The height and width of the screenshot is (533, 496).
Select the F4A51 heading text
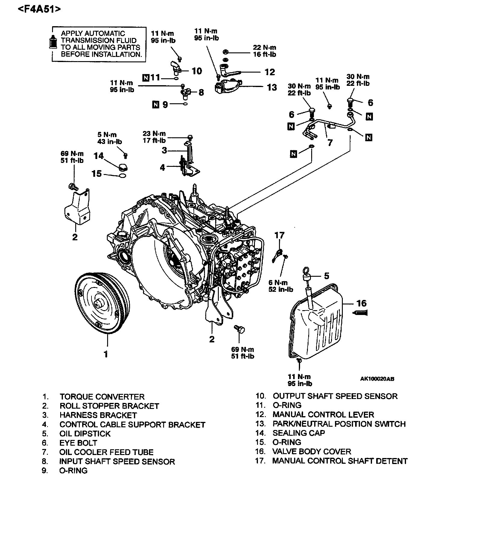click(x=39, y=9)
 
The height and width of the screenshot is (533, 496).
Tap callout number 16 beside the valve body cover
click(x=362, y=303)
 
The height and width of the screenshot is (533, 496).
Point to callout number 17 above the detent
click(x=280, y=235)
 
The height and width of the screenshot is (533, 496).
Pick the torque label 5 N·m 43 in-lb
click(x=110, y=138)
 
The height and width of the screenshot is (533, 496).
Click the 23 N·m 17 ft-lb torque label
click(x=154, y=137)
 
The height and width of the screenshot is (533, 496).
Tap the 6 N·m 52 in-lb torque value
click(x=281, y=286)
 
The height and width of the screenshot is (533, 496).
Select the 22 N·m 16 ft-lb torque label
click(x=264, y=51)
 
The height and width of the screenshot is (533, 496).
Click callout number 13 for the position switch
click(x=272, y=87)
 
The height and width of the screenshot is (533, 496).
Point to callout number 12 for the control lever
click(x=270, y=72)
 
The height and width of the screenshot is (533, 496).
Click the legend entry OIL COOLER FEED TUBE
click(x=106, y=452)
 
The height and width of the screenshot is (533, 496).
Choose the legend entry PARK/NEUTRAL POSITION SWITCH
click(x=339, y=424)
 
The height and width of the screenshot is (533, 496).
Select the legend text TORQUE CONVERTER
click(x=102, y=397)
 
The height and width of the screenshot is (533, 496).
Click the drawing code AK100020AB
click(x=377, y=379)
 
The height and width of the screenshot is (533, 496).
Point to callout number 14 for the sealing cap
click(x=99, y=156)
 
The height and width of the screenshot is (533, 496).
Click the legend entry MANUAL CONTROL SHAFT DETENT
click(x=340, y=461)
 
